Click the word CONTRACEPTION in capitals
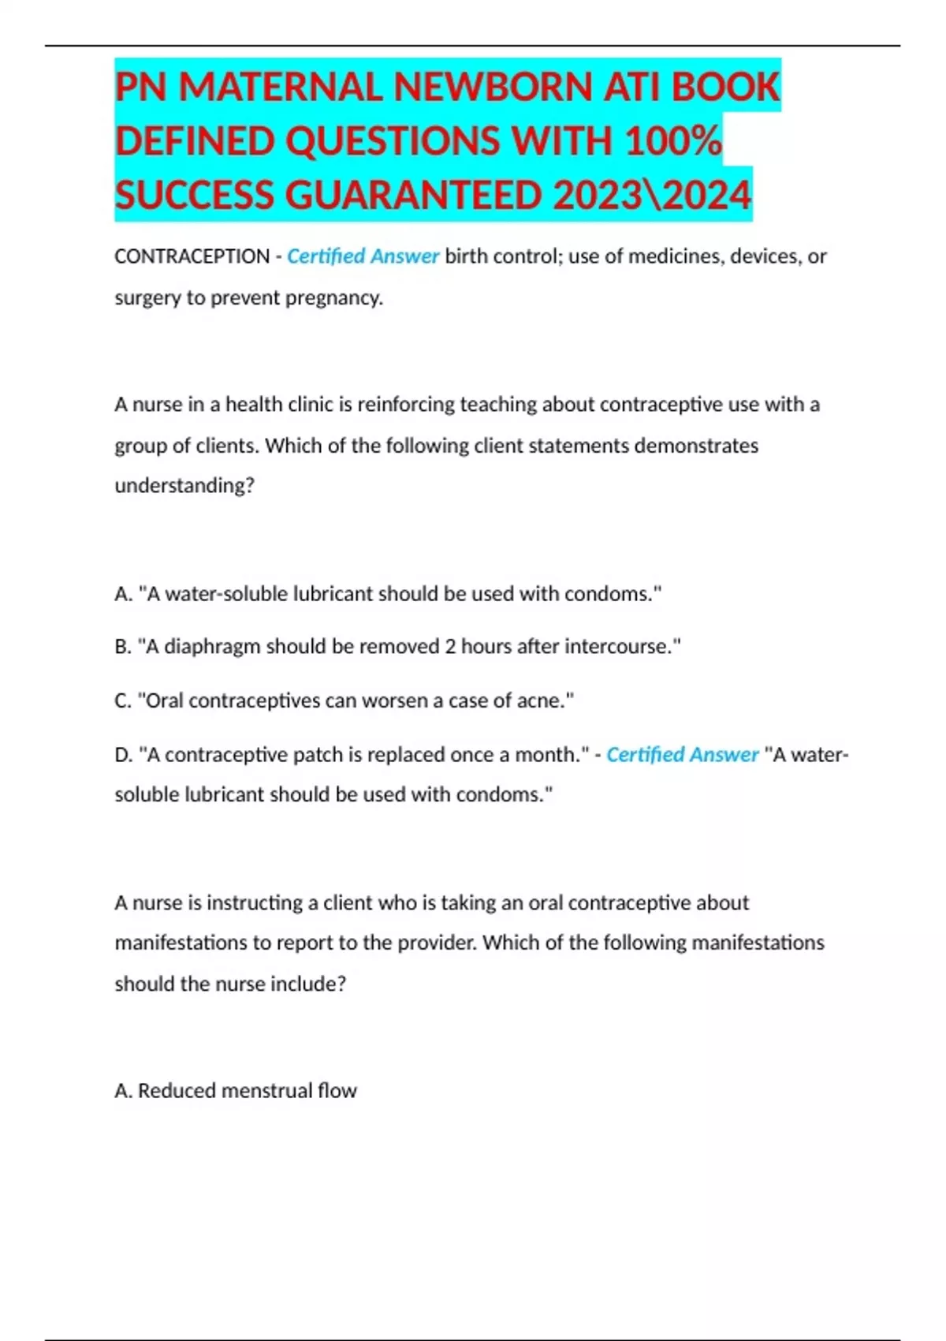[x=192, y=256]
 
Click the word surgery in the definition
[x=147, y=298]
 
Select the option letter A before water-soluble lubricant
[x=122, y=594]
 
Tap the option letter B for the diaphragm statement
[x=122, y=647]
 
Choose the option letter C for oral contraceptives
[x=122, y=700]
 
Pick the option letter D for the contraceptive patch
[x=123, y=755]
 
